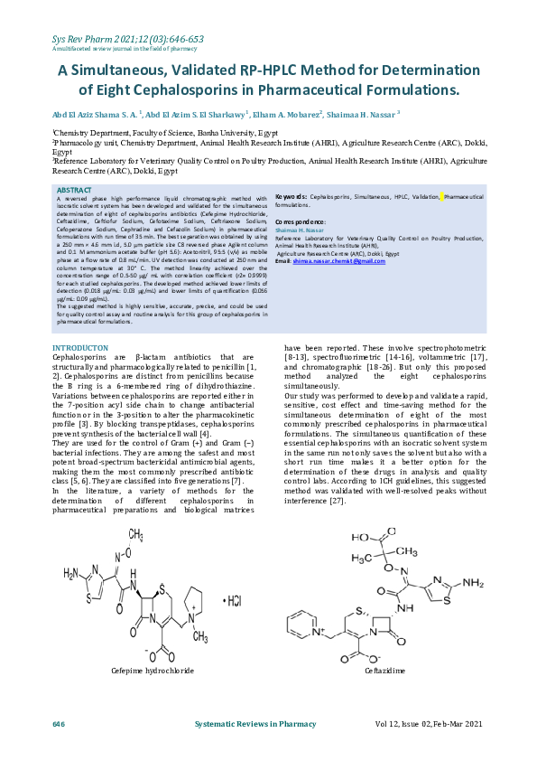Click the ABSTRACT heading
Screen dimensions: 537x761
pos(74,190)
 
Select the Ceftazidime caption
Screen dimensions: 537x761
pos(384,672)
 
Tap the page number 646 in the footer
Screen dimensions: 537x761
pos(59,725)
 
